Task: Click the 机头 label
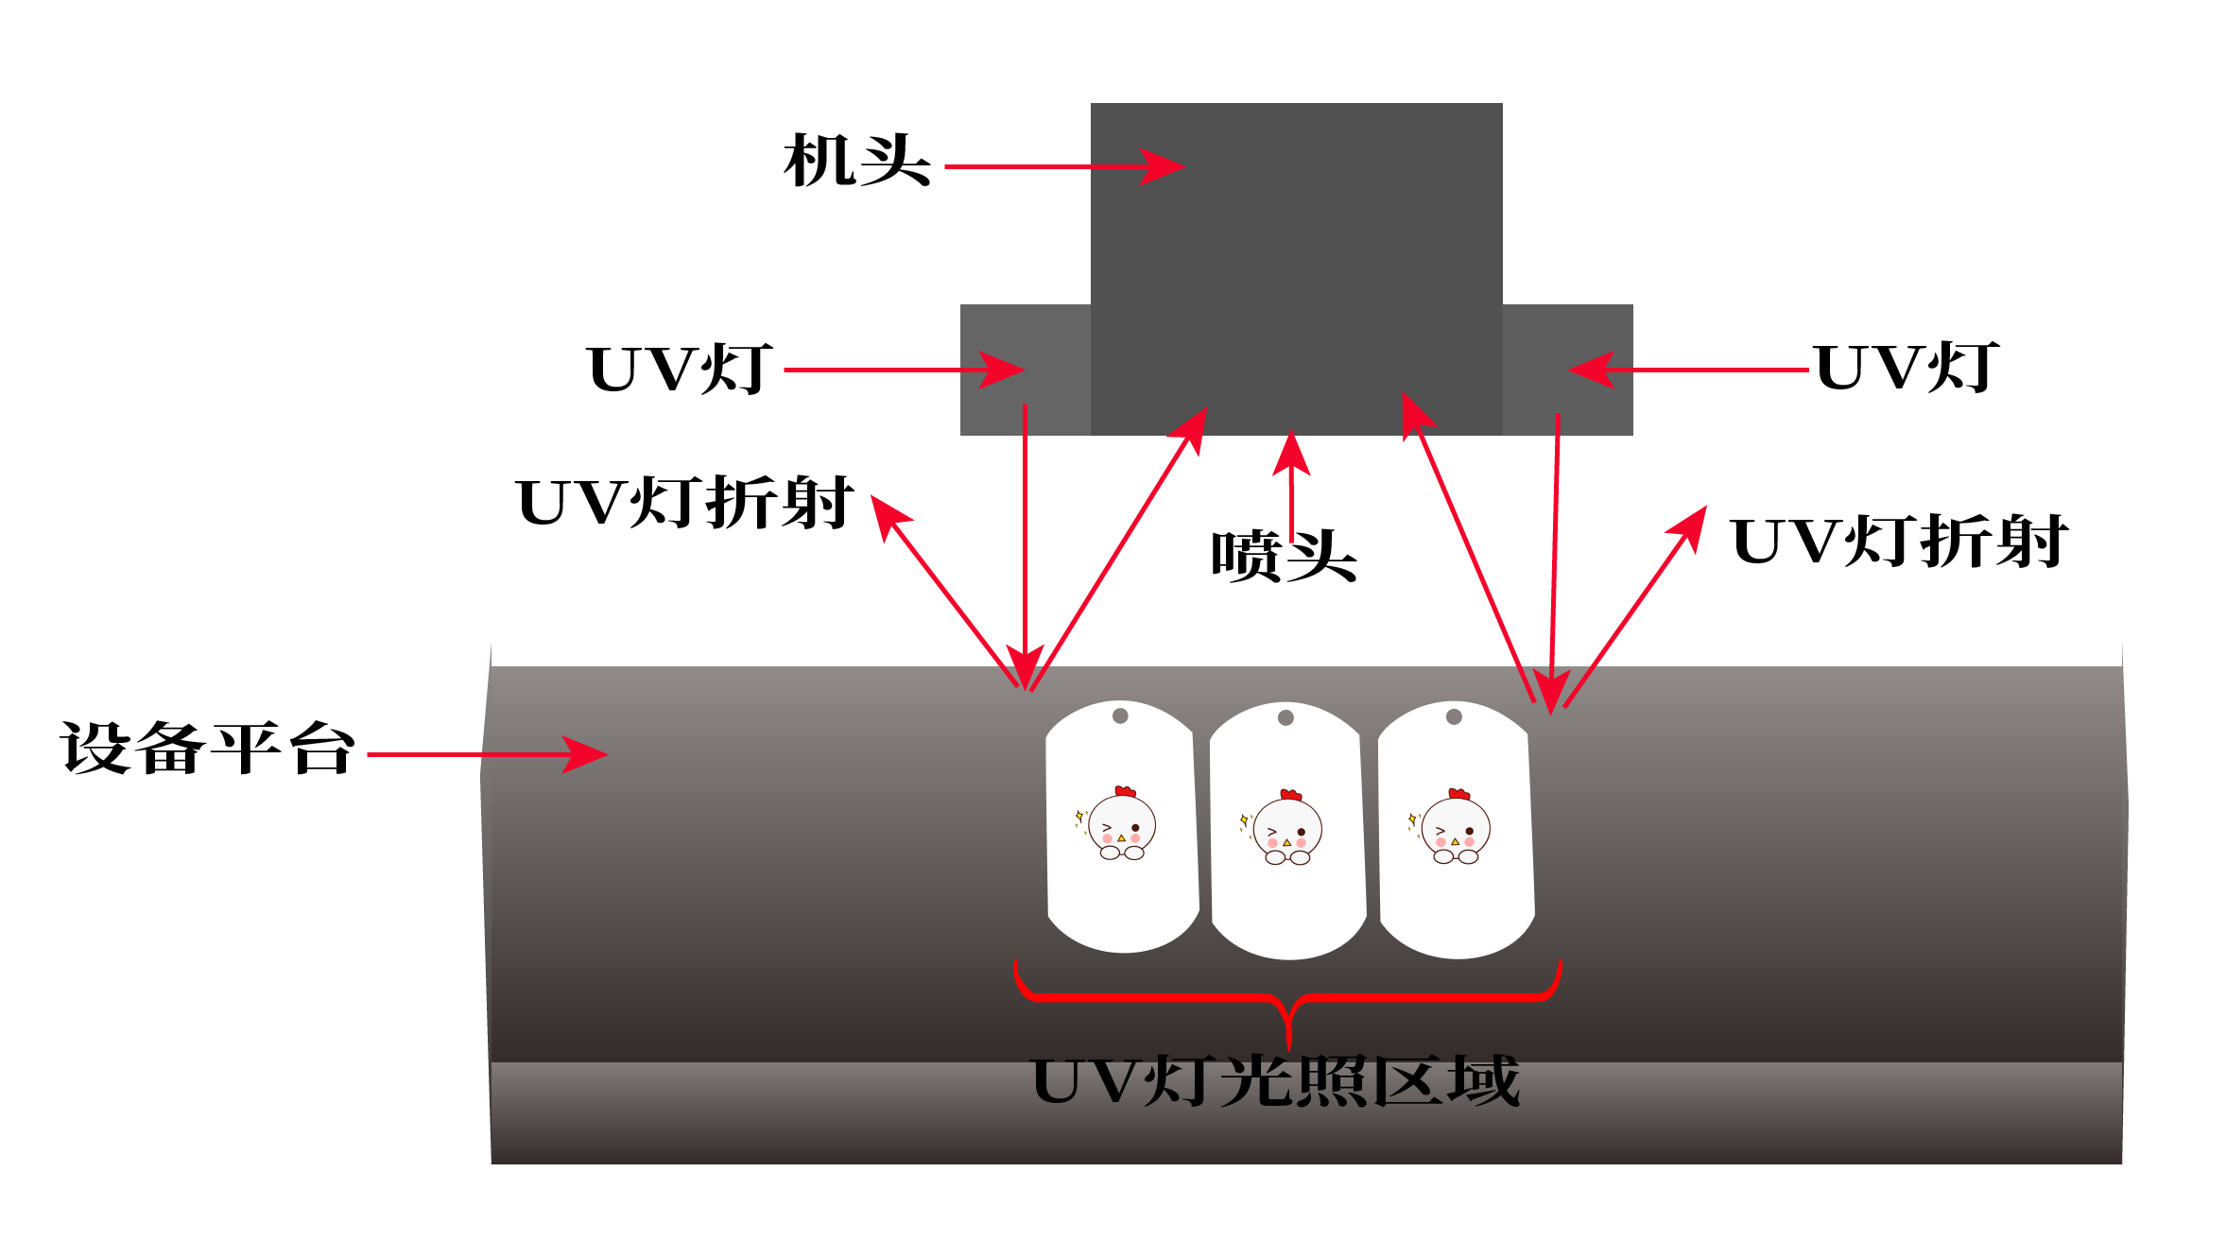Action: tap(856, 161)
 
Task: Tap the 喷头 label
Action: tap(1284, 556)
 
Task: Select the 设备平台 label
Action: tap(208, 749)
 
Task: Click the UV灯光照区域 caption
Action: tap(1276, 1081)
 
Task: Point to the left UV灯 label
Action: tap(680, 370)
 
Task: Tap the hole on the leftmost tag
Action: tap(1120, 715)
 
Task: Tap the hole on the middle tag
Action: tap(1286, 717)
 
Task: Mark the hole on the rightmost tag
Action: tap(1454, 716)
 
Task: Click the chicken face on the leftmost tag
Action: tap(1121, 826)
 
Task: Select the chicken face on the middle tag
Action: tap(1286, 830)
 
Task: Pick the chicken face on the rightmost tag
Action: tap(1455, 830)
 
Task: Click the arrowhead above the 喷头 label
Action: tap(1291, 452)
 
